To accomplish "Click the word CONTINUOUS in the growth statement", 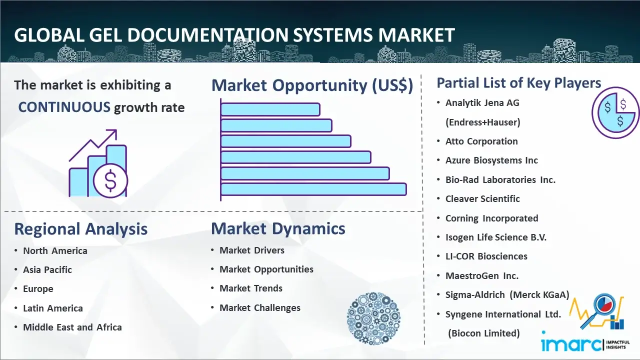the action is click(x=64, y=107).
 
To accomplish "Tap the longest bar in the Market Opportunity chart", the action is click(x=313, y=189).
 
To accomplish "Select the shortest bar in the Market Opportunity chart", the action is click(x=270, y=109).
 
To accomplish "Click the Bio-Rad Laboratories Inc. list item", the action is click(x=500, y=179).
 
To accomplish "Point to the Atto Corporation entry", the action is click(x=481, y=141).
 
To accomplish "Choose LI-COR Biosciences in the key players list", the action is click(x=486, y=256).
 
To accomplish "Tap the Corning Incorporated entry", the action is click(x=491, y=218).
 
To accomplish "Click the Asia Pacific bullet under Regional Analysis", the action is click(x=47, y=269).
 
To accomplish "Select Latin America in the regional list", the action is click(x=53, y=308).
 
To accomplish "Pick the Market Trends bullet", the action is click(x=251, y=288).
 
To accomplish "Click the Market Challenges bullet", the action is click(x=260, y=307).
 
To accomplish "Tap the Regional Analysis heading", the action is click(x=81, y=229).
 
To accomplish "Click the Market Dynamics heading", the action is click(x=278, y=228).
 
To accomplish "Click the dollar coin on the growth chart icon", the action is click(x=110, y=181).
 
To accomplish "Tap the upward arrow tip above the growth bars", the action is click(x=116, y=130).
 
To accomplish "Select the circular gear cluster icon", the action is click(x=373, y=318).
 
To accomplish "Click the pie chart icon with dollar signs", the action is click(x=615, y=113).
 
